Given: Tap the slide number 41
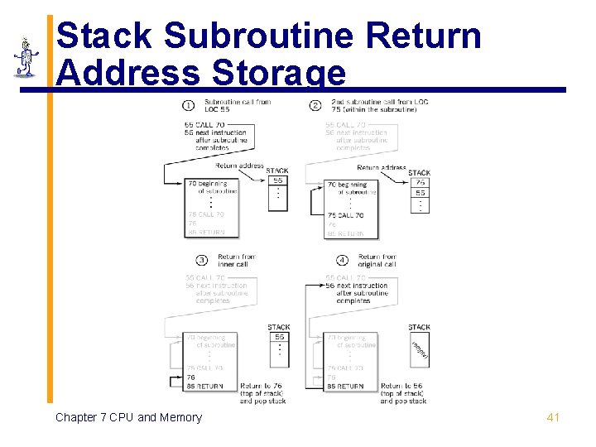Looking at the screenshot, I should [553, 417].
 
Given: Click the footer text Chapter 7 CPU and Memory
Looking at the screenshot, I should [128, 417].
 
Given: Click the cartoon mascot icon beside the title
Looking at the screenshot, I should [26, 56].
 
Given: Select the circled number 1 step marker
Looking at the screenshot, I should [189, 105].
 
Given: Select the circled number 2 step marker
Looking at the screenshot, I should [315, 105].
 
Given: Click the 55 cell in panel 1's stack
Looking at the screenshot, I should [278, 180].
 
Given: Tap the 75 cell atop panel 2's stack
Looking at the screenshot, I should [421, 182].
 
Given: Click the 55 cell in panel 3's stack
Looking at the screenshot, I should [280, 337].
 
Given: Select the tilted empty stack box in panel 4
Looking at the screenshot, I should [420, 349].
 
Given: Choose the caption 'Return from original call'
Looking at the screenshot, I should [377, 261].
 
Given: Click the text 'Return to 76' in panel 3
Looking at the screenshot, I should [260, 386].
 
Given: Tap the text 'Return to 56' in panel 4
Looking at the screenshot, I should [401, 386].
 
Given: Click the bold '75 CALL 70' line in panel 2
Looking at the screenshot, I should [346, 215].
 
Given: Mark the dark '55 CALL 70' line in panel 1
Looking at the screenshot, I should [205, 124].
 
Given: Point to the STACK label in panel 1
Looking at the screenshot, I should [277, 171].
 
